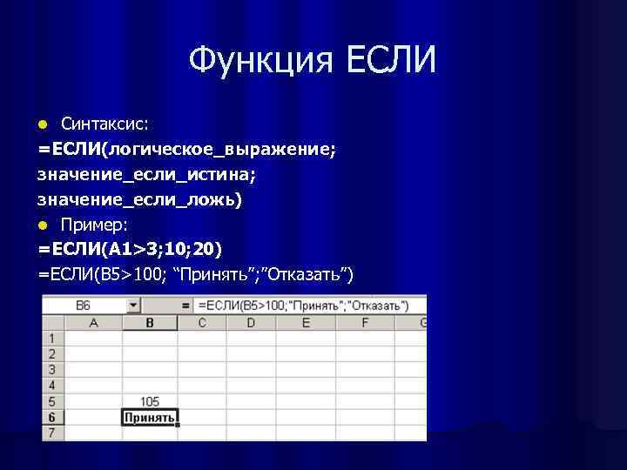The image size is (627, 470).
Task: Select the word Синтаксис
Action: pyautogui.click(x=98, y=124)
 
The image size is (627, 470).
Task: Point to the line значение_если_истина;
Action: pyautogui.click(x=146, y=175)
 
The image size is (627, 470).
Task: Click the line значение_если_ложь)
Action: pyautogui.click(x=140, y=200)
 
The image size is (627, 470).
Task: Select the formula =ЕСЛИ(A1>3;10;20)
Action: pyautogui.click(x=130, y=251)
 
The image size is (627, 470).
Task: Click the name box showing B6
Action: pyautogui.click(x=84, y=305)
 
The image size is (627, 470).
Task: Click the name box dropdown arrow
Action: pyautogui.click(x=133, y=305)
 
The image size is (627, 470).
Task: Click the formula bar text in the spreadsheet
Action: pyautogui.click(x=303, y=305)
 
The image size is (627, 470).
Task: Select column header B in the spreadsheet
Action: pyautogui.click(x=150, y=323)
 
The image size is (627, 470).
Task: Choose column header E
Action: pyautogui.click(x=306, y=323)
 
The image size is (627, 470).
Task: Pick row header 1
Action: pyautogui.click(x=53, y=338)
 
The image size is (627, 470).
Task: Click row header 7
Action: pyautogui.click(x=53, y=432)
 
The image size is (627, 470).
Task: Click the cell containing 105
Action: pyautogui.click(x=150, y=401)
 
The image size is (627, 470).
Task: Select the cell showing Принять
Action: pyautogui.click(x=150, y=417)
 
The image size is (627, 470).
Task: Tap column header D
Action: pyautogui.click(x=251, y=323)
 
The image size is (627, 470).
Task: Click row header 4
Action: pyautogui.click(x=53, y=385)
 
